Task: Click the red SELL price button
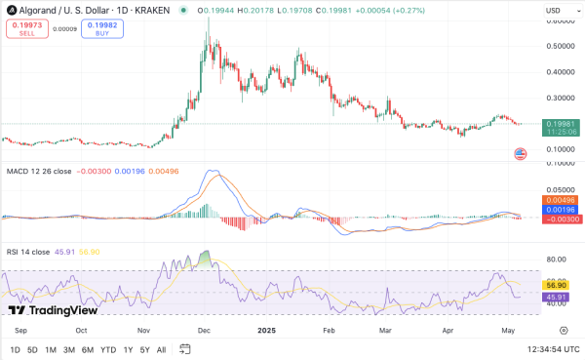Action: (x=26, y=27)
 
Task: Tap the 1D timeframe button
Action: (x=15, y=349)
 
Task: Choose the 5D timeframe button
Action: (x=33, y=349)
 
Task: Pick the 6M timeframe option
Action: (x=88, y=349)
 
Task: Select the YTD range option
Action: (x=108, y=349)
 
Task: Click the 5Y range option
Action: (x=145, y=349)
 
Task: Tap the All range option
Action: (x=162, y=349)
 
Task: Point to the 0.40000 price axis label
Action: (x=560, y=71)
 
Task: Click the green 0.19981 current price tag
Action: (x=559, y=124)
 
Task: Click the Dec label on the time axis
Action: (x=204, y=331)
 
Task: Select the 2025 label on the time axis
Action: (x=265, y=331)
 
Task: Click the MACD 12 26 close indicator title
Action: (x=39, y=173)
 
